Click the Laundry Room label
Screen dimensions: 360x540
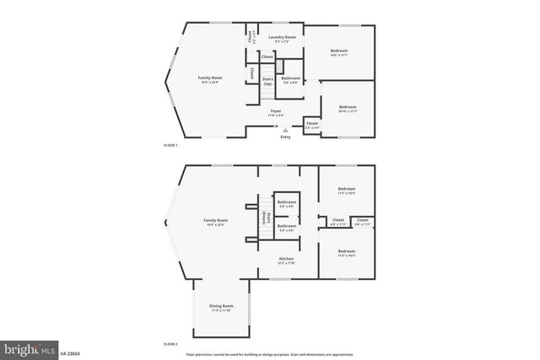[x=282, y=38]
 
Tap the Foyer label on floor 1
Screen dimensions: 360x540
[x=276, y=111]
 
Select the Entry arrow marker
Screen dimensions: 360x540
[x=286, y=131]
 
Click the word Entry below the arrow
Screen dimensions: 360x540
[x=285, y=137]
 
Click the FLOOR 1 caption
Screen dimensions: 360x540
[x=170, y=146]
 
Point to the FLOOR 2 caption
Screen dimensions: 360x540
[x=170, y=344]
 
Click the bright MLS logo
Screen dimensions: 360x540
[x=30, y=347]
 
